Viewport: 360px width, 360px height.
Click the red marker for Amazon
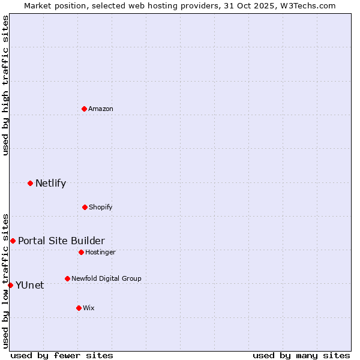pos(84,109)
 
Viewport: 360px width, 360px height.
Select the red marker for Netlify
pos(30,183)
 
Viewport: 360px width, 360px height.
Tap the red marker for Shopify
pos(85,207)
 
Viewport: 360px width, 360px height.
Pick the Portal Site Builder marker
pos(13,241)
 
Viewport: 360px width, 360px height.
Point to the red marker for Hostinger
pos(81,252)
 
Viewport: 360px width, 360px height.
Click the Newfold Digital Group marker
pos(67,278)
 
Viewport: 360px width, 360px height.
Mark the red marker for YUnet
pos(10,285)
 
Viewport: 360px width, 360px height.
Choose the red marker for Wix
pos(79,308)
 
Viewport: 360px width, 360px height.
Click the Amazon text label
pos(101,109)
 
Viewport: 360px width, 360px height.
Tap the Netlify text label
pos(50,183)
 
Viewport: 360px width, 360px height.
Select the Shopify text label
pos(101,207)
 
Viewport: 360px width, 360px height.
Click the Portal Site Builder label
pos(61,241)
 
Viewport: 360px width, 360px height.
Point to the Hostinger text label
pos(100,252)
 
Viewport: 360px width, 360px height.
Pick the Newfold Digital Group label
pos(106,278)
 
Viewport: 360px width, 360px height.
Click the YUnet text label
pos(29,285)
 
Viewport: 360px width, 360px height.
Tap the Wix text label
pos(89,308)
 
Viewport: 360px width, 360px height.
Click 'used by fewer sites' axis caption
pos(62,355)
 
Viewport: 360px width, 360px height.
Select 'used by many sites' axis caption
pos(301,355)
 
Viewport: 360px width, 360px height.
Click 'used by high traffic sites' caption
pos(5,85)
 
